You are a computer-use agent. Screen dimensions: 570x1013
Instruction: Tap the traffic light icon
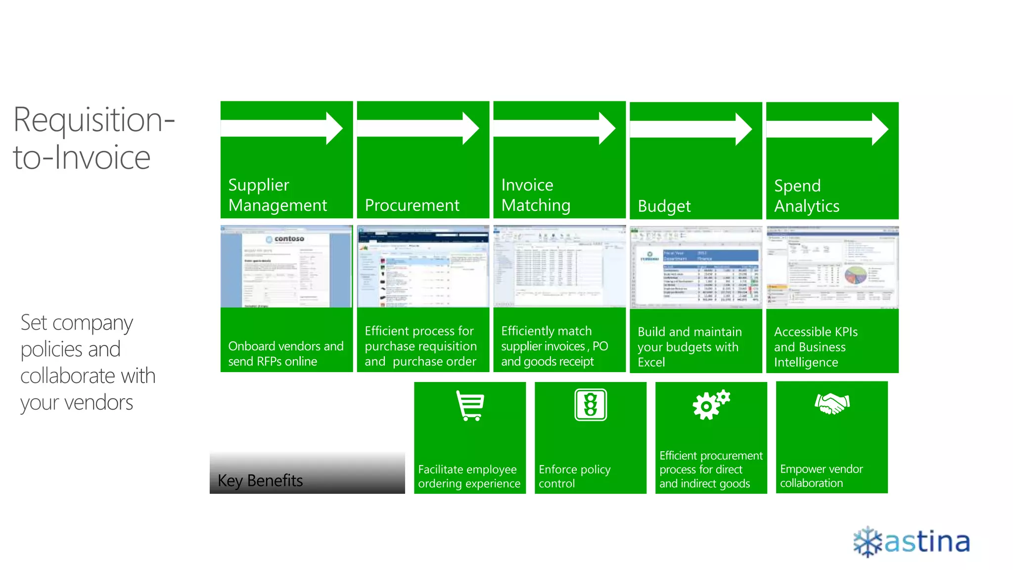(x=591, y=405)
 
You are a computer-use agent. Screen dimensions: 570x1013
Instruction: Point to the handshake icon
(x=832, y=403)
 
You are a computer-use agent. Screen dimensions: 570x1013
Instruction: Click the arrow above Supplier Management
(x=282, y=128)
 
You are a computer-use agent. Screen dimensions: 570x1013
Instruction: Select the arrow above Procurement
(x=418, y=128)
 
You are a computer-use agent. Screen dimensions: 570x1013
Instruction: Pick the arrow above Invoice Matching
(x=555, y=128)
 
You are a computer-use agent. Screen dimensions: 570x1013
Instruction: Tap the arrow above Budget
(x=691, y=129)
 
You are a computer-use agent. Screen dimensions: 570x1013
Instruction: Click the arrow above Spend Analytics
(x=828, y=129)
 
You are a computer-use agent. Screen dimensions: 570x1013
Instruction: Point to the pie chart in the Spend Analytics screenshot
(x=855, y=275)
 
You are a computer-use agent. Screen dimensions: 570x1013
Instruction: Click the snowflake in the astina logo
(x=868, y=542)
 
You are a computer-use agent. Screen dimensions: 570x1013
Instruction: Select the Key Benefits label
(x=260, y=480)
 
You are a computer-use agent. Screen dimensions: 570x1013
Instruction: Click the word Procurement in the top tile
(x=412, y=205)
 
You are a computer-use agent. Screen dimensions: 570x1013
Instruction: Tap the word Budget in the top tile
(x=664, y=206)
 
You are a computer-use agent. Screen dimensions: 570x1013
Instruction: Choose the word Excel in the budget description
(x=651, y=362)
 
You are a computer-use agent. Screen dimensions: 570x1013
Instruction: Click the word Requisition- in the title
(x=94, y=120)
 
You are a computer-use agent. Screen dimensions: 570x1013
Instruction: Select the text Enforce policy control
(x=574, y=476)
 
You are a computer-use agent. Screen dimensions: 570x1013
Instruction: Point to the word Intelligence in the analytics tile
(x=806, y=362)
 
